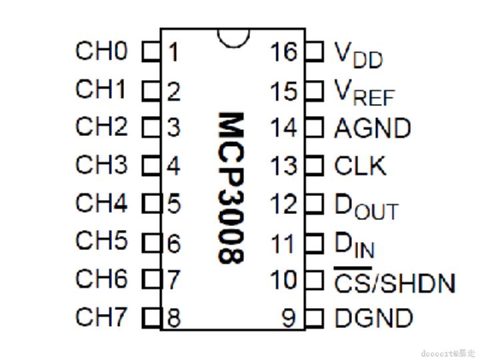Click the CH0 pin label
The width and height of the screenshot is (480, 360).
[x=101, y=51]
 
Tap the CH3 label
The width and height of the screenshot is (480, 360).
[x=101, y=165]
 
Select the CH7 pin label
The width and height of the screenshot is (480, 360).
[x=101, y=317]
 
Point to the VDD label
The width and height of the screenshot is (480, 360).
[x=359, y=55]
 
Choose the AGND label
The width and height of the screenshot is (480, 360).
[x=373, y=127]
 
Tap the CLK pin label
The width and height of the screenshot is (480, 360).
[x=360, y=165]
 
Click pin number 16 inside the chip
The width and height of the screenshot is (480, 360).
[x=283, y=51]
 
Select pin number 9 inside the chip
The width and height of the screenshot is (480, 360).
[x=288, y=318]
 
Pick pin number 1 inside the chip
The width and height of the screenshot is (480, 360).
[x=173, y=52]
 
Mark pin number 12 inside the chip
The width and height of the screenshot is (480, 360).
[x=283, y=204]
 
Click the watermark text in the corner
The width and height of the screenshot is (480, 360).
[x=448, y=351]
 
